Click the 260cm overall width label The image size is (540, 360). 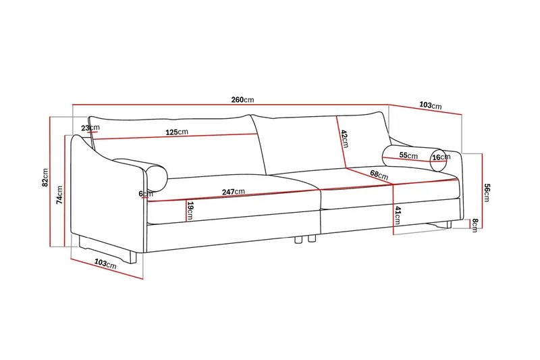[242, 100]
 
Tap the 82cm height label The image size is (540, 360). [45, 178]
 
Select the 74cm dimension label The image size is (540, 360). [59, 195]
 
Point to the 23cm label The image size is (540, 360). [90, 128]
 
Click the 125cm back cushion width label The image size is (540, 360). [177, 132]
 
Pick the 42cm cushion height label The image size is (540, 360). [344, 138]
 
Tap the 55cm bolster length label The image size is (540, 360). [408, 155]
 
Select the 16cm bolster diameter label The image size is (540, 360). [441, 157]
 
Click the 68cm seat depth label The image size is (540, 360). [379, 175]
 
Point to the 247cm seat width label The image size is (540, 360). [233, 192]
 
